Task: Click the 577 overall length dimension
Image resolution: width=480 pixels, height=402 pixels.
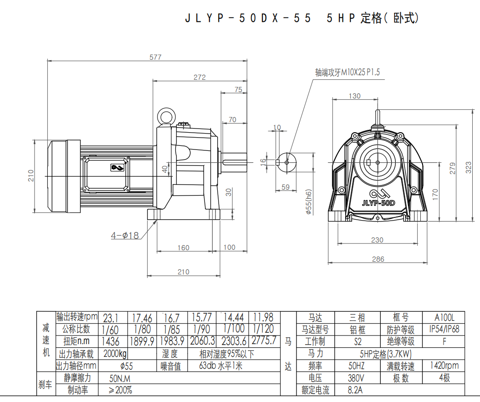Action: pyautogui.click(x=156, y=57)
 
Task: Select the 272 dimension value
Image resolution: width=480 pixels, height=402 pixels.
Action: pyautogui.click(x=199, y=77)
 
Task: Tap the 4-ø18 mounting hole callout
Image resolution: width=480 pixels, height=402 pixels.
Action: pyautogui.click(x=125, y=236)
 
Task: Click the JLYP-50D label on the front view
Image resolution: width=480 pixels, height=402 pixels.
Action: pyautogui.click(x=378, y=203)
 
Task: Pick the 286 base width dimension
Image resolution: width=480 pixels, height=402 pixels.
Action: pyautogui.click(x=378, y=259)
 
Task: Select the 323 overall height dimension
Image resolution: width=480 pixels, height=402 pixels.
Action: pyautogui.click(x=469, y=167)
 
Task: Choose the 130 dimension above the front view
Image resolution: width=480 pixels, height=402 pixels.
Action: pyautogui.click(x=354, y=96)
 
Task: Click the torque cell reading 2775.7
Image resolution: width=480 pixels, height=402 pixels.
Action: pyautogui.click(x=264, y=340)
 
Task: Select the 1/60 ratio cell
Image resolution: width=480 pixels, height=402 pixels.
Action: pyautogui.click(x=111, y=329)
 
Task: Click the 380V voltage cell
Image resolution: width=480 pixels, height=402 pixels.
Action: pyautogui.click(x=356, y=378)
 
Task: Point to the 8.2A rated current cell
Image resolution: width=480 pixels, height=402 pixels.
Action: pyautogui.click(x=356, y=390)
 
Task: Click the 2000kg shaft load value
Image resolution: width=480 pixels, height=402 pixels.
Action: pyautogui.click(x=115, y=354)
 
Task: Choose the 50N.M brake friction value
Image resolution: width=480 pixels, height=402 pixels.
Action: pyautogui.click(x=120, y=378)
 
